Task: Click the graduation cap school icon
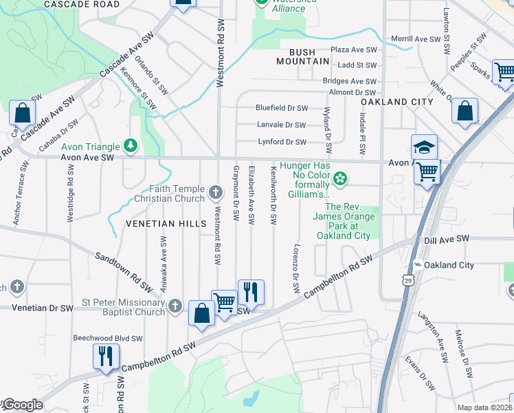[425, 147]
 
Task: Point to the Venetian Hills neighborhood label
[166, 224]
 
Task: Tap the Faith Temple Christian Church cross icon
[216, 193]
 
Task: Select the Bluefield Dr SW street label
[281, 108]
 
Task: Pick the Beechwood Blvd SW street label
[108, 339]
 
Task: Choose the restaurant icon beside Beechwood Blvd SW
[106, 357]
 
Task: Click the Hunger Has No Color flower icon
[339, 180]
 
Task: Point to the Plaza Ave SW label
[354, 50]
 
